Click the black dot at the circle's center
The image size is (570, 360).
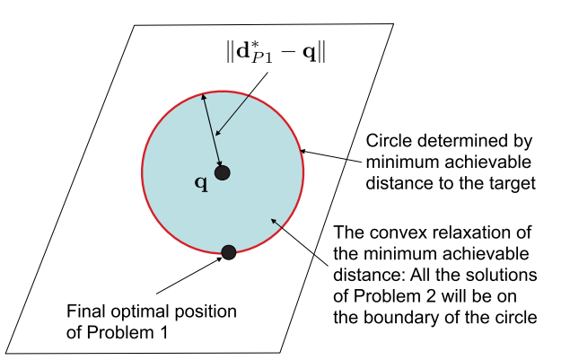click(x=223, y=172)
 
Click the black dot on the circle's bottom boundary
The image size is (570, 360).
click(x=229, y=252)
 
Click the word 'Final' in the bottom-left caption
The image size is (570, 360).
click(x=87, y=312)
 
